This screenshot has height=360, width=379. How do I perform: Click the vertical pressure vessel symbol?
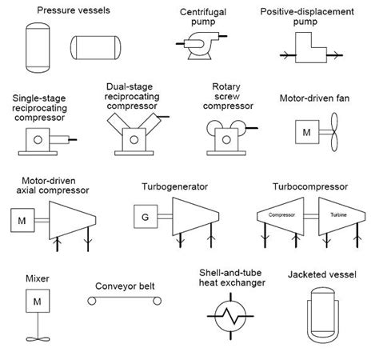[x=38, y=48]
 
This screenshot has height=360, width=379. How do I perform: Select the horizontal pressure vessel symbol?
[x=95, y=48]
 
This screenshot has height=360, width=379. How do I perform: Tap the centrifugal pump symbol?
[x=201, y=46]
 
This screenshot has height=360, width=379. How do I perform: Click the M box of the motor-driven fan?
[x=307, y=132]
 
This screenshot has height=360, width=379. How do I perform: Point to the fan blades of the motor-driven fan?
[x=334, y=132]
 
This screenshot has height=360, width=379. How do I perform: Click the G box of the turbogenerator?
[x=146, y=217]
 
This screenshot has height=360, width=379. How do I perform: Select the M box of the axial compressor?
[x=22, y=220]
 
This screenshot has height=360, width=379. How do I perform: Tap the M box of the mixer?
[x=38, y=301]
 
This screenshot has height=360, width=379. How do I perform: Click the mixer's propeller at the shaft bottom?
[x=38, y=339]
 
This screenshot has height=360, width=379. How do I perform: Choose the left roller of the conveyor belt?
[x=92, y=301]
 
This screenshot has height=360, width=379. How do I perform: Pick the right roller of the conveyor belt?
[x=157, y=301]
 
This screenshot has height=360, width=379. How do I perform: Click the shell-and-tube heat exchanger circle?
[x=230, y=316]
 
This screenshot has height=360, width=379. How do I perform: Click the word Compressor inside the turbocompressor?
[x=281, y=214]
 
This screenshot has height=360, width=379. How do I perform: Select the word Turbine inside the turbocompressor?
[x=338, y=214]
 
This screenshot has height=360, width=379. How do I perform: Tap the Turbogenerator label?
[x=174, y=186]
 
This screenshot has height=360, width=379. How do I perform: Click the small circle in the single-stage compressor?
[x=38, y=139]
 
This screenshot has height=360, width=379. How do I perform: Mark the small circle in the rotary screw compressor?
[x=226, y=139]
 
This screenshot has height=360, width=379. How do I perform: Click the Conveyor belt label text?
[x=125, y=286]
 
